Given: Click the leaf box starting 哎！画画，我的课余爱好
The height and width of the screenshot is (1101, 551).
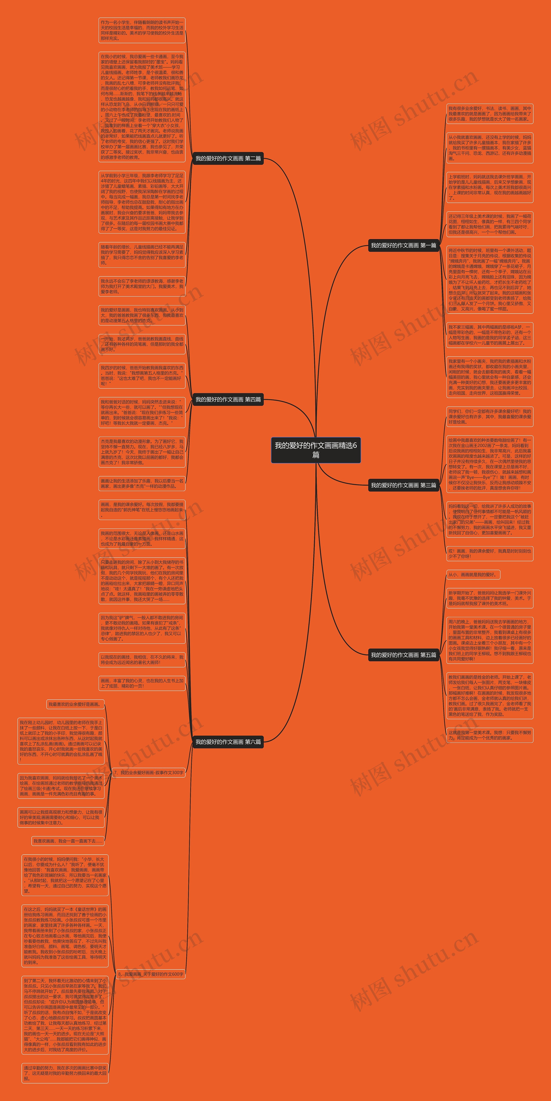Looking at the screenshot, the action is pos(489,554).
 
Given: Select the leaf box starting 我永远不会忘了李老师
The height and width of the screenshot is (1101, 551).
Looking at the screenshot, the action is pos(142,286).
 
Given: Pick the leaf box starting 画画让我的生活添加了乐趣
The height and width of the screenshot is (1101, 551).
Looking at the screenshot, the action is pos(142,483).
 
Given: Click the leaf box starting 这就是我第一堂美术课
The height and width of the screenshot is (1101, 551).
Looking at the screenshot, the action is pos(489,735).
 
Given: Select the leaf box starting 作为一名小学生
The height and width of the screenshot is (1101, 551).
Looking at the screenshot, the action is pos(142,30).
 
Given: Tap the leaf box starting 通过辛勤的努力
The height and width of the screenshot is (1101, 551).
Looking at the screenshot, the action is pos(65,1073).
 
